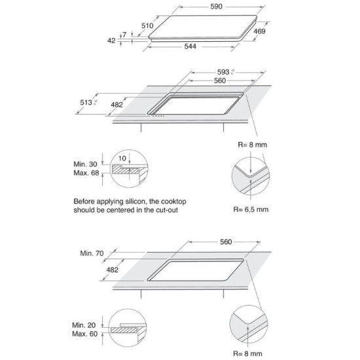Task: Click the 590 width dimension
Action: pyautogui.click(x=216, y=7)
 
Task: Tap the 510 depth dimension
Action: pyautogui.click(x=147, y=26)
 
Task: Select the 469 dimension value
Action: pyautogui.click(x=259, y=31)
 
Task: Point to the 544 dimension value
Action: pyautogui.click(x=190, y=46)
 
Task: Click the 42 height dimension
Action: pyautogui.click(x=111, y=41)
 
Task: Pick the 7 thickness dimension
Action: pyautogui.click(x=124, y=35)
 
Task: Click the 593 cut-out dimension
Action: pyautogui.click(x=223, y=72)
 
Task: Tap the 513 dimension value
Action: pyautogui.click(x=86, y=102)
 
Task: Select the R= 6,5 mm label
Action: pyautogui.click(x=251, y=209)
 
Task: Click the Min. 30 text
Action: pyautogui.click(x=85, y=164)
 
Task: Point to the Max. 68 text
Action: pyautogui.click(x=86, y=173)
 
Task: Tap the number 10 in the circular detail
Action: pyautogui.click(x=122, y=158)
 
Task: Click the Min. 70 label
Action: pyautogui.click(x=92, y=253)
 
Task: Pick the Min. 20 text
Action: pyautogui.click(x=84, y=325)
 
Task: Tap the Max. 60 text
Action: pyautogui.click(x=84, y=334)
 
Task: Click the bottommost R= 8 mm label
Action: pyautogui.click(x=247, y=353)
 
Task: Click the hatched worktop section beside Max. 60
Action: pyautogui.click(x=124, y=331)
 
